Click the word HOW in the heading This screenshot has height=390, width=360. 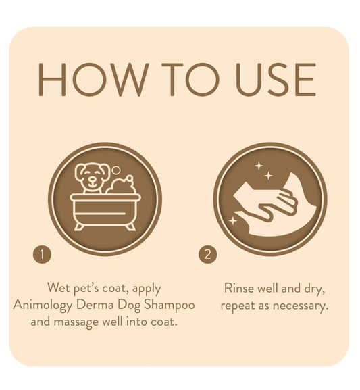click(x=92, y=79)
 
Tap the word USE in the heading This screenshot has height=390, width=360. click(x=276, y=79)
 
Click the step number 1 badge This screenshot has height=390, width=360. click(x=42, y=254)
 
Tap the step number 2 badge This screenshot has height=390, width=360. click(x=207, y=254)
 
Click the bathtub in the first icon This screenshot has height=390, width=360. click(x=105, y=212)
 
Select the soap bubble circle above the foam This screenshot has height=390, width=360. click(x=116, y=170)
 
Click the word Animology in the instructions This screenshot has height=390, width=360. click(x=43, y=306)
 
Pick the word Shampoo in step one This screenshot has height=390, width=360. click(x=170, y=306)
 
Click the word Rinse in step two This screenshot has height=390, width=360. click(x=239, y=288)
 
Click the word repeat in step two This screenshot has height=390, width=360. click(x=238, y=306)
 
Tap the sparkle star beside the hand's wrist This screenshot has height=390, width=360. click(x=233, y=221)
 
